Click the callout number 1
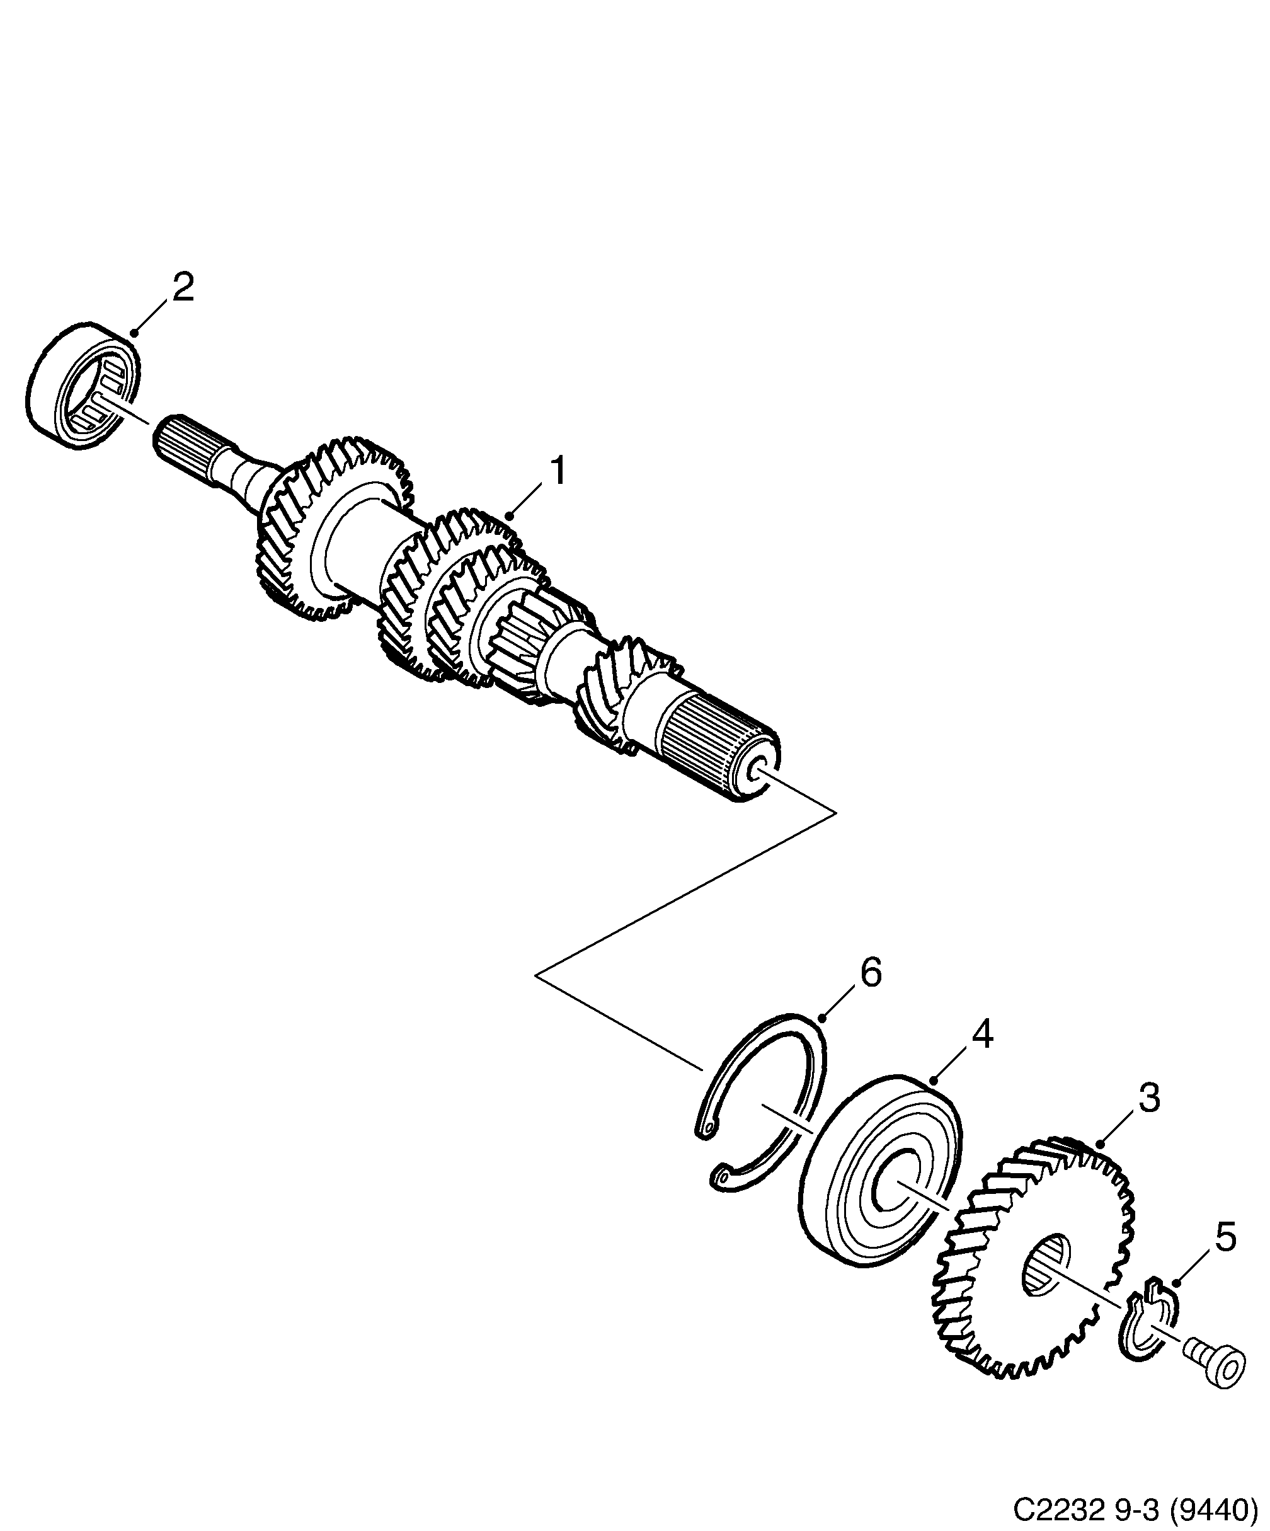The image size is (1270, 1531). point(558,472)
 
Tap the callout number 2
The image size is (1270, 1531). point(182,288)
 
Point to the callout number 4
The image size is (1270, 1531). point(983,1034)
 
